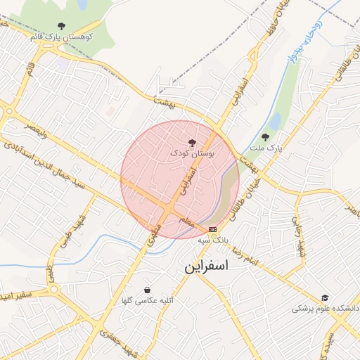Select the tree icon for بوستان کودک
193,143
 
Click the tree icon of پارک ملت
265,138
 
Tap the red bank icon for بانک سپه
212,229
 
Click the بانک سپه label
212,240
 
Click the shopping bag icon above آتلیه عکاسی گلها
146,290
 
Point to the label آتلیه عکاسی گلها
146,300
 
